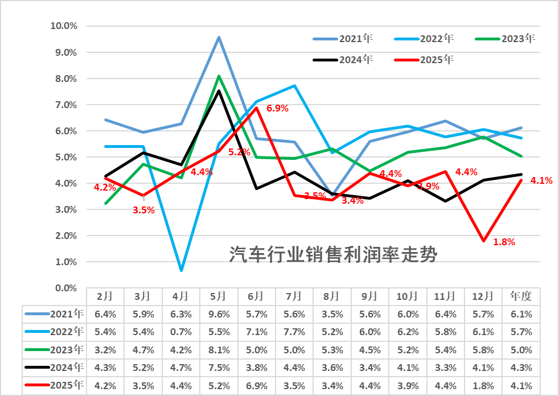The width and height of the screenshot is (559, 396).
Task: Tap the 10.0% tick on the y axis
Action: pos(64,26)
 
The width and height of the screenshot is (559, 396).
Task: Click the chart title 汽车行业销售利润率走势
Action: pos(333,255)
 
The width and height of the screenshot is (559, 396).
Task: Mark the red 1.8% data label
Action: pos(504,242)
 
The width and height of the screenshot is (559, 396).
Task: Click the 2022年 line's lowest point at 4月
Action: pos(181,270)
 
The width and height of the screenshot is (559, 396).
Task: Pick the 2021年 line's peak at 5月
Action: pos(219,38)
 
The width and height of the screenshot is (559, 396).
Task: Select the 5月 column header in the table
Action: pos(219,296)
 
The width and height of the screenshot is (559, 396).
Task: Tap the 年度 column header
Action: pos(521,296)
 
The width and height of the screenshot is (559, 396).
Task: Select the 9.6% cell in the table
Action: pos(219,313)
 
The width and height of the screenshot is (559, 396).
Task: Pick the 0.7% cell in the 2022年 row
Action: pos(180,332)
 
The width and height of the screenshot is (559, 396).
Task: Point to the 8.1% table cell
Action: pos(219,349)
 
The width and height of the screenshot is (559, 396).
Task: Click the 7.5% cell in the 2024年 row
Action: pos(219,368)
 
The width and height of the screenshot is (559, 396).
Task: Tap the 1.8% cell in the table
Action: pos(483,386)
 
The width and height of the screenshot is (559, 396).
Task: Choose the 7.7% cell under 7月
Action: pos(294,332)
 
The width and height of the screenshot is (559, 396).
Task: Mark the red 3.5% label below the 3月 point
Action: pos(143,210)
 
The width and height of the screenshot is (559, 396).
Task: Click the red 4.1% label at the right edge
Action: pos(541,181)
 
